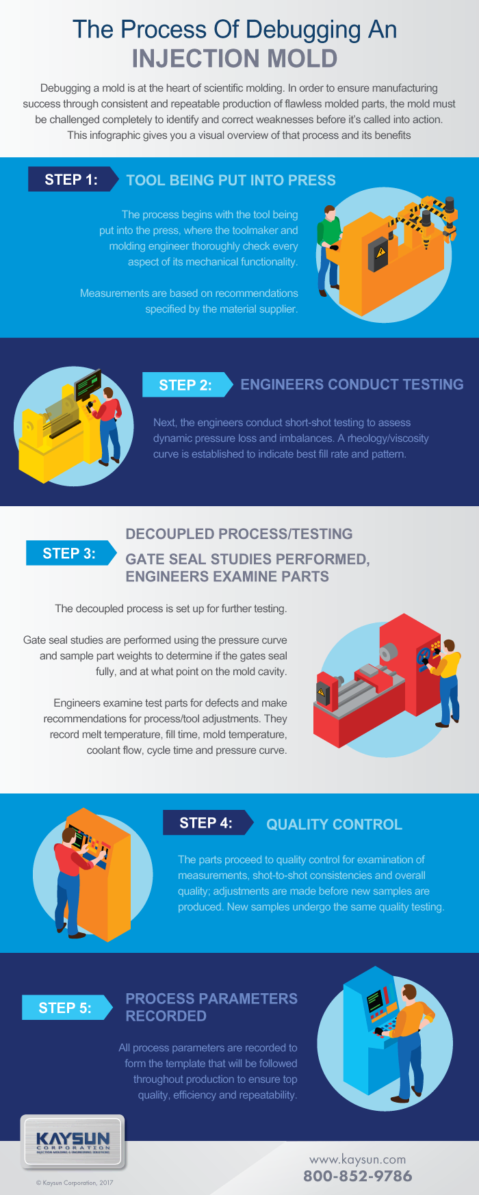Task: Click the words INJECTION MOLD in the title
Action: point(235,59)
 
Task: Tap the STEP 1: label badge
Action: point(71,180)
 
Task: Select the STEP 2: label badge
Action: point(185,385)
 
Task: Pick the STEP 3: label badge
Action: point(69,553)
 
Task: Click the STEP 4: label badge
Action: point(205,823)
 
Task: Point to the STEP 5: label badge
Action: point(65,1008)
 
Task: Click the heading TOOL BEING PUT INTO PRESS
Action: point(231,181)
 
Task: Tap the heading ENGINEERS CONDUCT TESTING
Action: point(352,384)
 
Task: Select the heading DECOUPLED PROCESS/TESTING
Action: point(239,534)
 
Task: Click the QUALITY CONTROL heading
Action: point(334,824)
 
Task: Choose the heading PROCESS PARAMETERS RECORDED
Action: point(211,1007)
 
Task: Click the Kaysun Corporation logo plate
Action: point(73,1142)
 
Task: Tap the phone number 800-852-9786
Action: point(357,1176)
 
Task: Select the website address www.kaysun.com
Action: point(357,1159)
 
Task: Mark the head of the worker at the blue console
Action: point(409,993)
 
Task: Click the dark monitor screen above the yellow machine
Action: point(88,384)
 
